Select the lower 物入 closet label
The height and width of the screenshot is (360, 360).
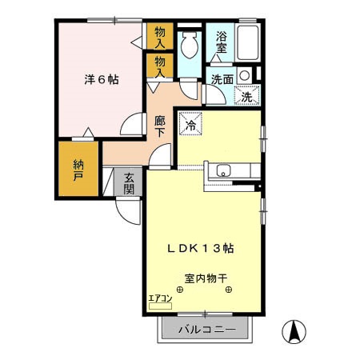coord(159,66)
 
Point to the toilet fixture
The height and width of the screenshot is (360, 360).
coord(188,46)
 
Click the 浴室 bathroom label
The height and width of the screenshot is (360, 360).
coord(220,42)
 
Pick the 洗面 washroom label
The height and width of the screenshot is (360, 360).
coord(222,79)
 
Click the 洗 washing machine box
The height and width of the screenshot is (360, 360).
coord(246,95)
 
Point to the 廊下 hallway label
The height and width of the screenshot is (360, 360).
coord(159,126)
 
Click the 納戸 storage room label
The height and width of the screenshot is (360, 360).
coord(78,170)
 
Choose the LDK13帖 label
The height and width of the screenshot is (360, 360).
coord(200,249)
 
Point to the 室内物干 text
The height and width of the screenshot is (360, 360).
coord(206,279)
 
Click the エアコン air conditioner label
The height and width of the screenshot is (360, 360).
coord(160,299)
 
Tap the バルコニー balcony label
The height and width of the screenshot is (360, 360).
coord(206,330)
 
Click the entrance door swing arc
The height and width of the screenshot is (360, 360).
coord(126,210)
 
